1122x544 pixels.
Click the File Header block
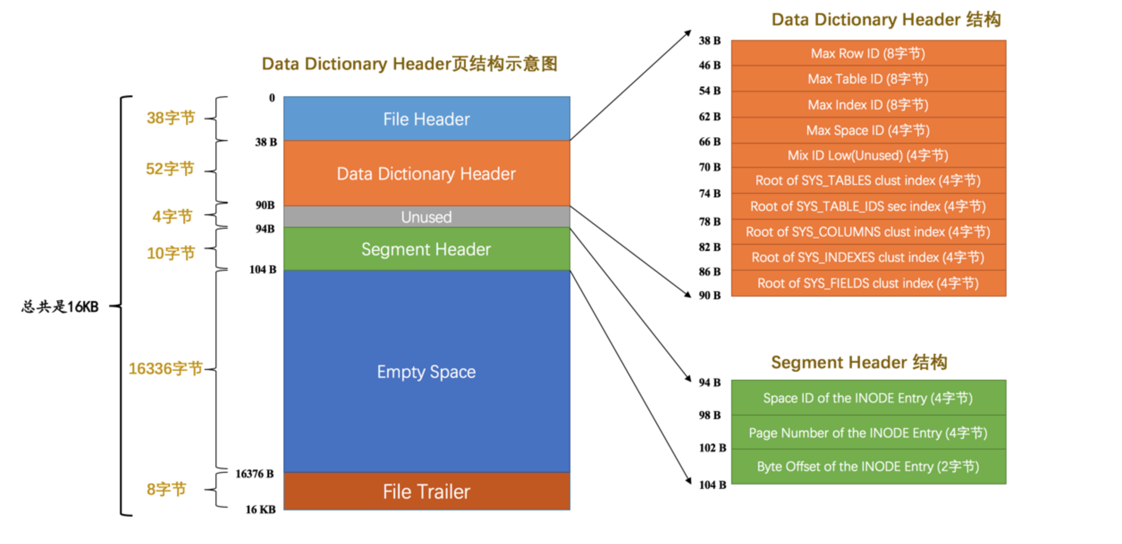click(426, 119)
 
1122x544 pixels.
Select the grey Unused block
click(426, 217)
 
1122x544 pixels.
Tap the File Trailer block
click(426, 491)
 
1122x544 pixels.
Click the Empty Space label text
click(426, 372)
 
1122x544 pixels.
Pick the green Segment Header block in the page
click(426, 249)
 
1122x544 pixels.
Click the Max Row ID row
click(868, 53)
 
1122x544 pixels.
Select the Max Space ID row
click(868, 130)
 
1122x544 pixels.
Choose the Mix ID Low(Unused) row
click(868, 155)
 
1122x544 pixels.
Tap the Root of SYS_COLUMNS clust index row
click(868, 232)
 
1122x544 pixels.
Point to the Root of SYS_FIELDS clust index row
click(868, 283)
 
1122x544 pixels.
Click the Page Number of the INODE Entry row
click(868, 433)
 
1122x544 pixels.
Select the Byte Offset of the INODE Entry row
click(868, 467)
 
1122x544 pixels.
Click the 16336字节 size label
click(165, 369)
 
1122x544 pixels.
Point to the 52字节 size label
click(170, 169)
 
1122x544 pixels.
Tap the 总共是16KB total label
click(60, 306)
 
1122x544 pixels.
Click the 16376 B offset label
click(254, 474)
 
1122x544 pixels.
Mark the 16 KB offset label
click(260, 510)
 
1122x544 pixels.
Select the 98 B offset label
click(709, 415)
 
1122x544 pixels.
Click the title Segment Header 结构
click(859, 362)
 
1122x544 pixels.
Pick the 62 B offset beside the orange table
click(709, 117)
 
